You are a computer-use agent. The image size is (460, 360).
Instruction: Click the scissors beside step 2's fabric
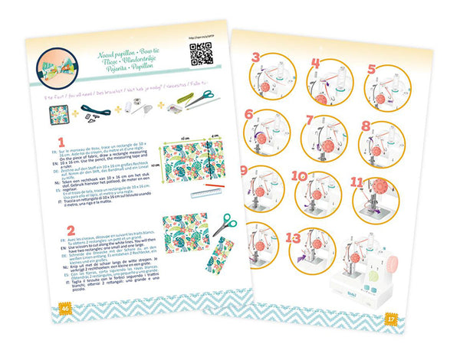(x=225, y=225)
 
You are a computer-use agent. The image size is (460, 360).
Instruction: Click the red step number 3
(x=256, y=57)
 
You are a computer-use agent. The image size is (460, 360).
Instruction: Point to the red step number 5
(x=372, y=68)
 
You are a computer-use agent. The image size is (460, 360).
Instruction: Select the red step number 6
(x=249, y=114)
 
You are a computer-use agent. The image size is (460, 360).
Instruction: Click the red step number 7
(x=310, y=119)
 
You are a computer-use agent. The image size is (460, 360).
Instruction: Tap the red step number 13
(x=292, y=238)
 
